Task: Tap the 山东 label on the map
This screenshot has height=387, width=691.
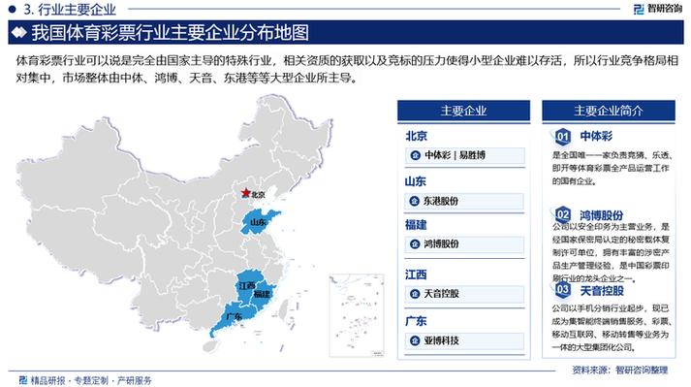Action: click(258, 223)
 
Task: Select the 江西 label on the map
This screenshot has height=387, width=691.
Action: click(246, 286)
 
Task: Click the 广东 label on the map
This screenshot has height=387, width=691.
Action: click(233, 317)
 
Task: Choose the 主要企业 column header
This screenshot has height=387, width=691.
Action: click(463, 110)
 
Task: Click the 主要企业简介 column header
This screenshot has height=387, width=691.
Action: click(603, 110)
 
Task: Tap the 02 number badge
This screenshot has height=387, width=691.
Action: click(563, 212)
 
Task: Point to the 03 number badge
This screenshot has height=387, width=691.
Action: click(563, 289)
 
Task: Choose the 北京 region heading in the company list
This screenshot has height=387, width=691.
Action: click(415, 136)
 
